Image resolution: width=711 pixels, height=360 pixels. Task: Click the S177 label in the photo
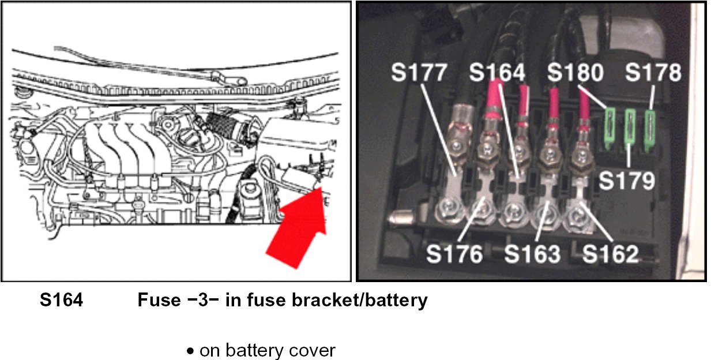419,73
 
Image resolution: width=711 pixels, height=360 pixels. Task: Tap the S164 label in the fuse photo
497,73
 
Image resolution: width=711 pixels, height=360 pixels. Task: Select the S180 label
575,73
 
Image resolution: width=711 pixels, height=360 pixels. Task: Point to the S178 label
653,73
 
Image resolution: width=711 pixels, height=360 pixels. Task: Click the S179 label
626,180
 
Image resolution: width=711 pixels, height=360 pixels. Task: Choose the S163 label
532,254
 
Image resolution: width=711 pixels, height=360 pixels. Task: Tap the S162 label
610,254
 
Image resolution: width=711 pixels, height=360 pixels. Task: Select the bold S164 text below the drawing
61,300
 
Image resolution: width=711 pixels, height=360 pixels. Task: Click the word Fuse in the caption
157,300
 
